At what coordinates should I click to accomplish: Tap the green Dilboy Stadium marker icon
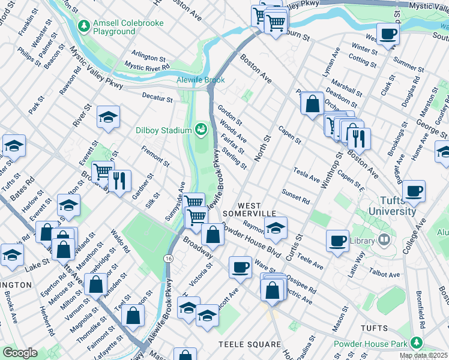[200, 128]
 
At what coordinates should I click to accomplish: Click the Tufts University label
[393, 206]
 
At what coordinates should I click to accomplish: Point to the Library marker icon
[384, 241]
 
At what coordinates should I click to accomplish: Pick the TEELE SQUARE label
[249, 344]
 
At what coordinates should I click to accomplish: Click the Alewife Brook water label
[200, 80]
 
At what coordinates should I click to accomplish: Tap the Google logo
[20, 353]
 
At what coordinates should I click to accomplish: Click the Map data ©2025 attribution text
[424, 356]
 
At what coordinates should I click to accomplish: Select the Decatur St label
[157, 95]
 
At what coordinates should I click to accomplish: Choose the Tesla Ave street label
[307, 175]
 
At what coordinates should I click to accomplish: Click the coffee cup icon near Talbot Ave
[338, 240]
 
